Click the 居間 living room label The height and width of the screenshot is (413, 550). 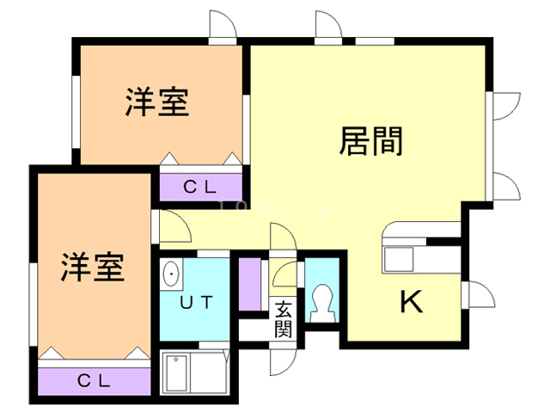(x=371, y=140)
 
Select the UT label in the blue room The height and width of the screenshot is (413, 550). (x=196, y=301)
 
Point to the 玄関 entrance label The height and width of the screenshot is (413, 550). (x=284, y=319)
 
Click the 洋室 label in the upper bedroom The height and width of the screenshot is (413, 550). (x=156, y=104)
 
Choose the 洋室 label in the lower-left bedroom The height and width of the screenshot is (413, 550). (x=93, y=268)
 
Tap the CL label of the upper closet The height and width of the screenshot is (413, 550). (x=201, y=185)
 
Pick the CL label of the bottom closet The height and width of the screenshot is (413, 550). (x=95, y=379)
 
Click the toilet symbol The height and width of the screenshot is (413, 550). (x=324, y=301)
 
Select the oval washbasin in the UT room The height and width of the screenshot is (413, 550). (x=172, y=275)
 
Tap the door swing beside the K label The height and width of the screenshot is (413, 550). (x=477, y=295)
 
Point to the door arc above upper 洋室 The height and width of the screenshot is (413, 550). (x=222, y=25)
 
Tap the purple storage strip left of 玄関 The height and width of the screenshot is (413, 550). (x=249, y=284)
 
